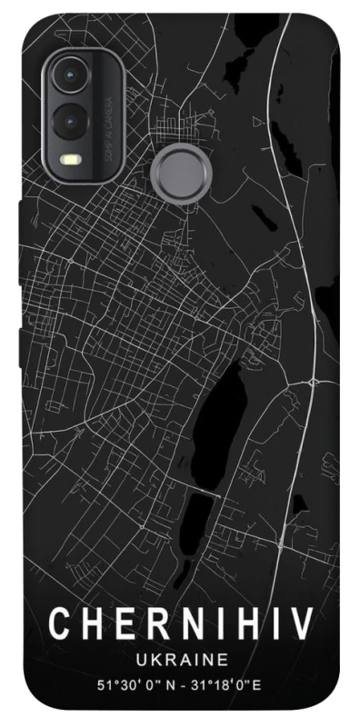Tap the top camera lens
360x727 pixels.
point(69,76)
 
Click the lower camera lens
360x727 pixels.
point(69,119)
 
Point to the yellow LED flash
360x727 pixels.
point(69,159)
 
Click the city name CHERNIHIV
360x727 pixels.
point(181,625)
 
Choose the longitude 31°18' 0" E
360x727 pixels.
point(231,683)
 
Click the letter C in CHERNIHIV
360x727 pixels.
point(58,625)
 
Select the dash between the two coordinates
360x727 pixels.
point(184,683)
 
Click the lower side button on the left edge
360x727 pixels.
point(21,332)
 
